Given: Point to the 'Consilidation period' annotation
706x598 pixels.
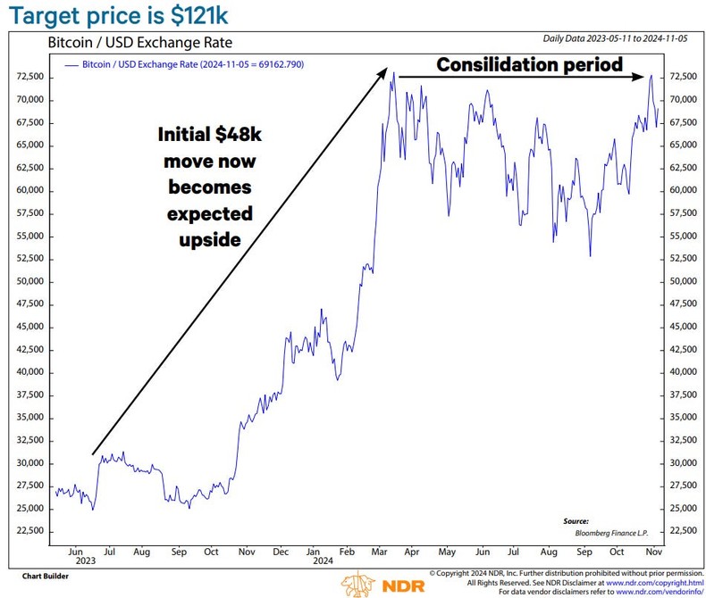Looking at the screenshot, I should pos(529,64).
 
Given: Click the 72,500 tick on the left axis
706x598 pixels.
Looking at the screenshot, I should pos(30,77).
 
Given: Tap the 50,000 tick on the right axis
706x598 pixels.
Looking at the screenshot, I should pos(677,281).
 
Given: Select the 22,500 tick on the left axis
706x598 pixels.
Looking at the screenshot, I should pos(30,530).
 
